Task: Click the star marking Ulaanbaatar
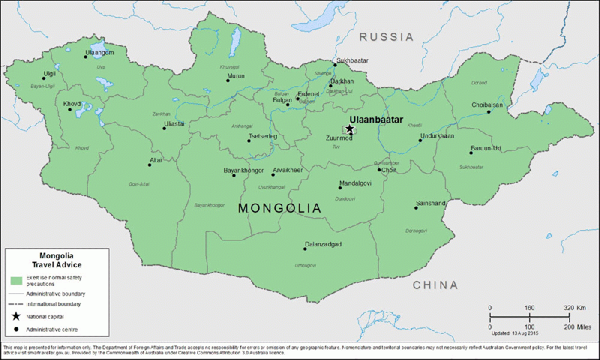(349, 129)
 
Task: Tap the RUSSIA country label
(386, 37)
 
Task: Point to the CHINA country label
(435, 285)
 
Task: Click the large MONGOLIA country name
(279, 208)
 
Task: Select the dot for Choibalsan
(489, 112)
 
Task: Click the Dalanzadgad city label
(323, 244)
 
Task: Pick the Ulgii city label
(28, 73)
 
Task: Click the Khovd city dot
(71, 110)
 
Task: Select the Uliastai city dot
(164, 128)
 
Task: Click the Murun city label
(235, 76)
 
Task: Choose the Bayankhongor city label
(244, 171)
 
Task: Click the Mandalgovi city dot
(340, 188)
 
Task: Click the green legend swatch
(16, 280)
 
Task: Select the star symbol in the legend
(16, 317)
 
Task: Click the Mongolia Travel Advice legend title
(56, 259)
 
